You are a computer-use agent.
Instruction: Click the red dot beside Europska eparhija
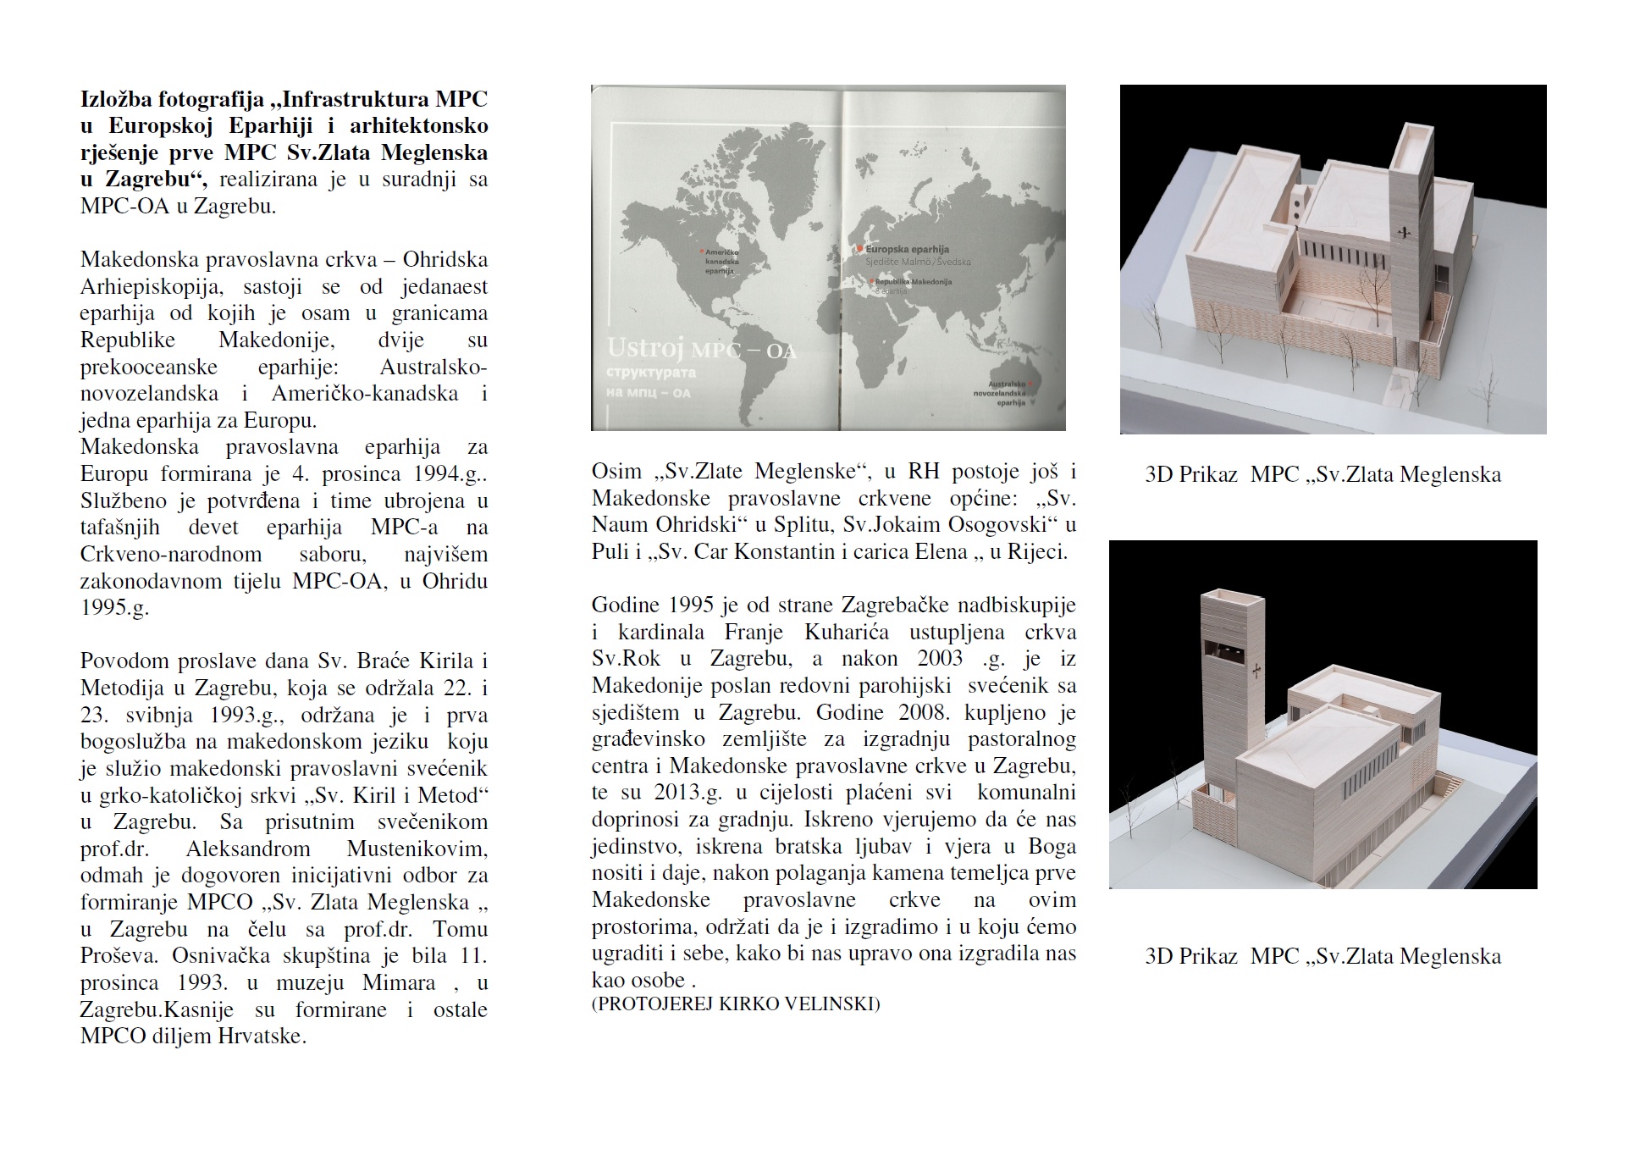coord(859,249)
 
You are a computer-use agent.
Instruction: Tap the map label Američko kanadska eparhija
coord(720,262)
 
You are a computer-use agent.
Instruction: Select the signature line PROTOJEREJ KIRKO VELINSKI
coord(736,1004)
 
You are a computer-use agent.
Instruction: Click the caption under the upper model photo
coord(1323,474)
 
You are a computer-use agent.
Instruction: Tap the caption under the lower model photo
coord(1323,956)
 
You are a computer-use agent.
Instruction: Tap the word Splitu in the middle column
coord(801,524)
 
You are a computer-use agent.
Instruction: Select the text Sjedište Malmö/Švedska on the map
coord(918,262)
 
